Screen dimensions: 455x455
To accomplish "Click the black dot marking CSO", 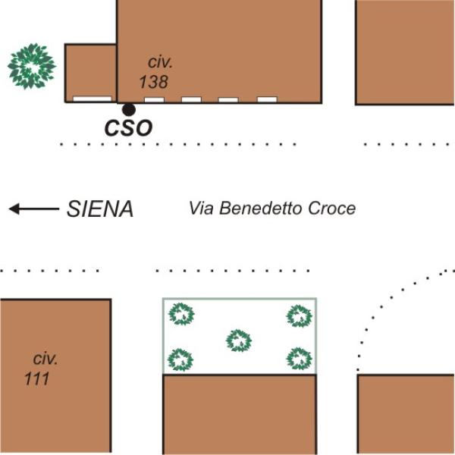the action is pos(129,110).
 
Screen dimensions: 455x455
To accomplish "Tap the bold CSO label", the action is pos(129,128).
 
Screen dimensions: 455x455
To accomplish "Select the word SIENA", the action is pos(100,209).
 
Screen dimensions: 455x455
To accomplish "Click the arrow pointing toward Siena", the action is pos(34,209).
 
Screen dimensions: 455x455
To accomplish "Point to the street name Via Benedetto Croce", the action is pos(272,208).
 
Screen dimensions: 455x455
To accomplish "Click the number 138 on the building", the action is pos(154,82).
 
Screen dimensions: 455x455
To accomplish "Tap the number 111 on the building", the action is pos(37,378).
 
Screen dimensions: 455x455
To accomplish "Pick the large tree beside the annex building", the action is pos(32,66).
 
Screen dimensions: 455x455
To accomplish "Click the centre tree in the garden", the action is pos(239,340).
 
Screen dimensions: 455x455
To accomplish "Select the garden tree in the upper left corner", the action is pos(182,314).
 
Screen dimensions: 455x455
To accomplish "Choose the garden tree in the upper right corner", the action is pos(300,315).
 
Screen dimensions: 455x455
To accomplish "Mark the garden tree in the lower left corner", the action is pos(180,359).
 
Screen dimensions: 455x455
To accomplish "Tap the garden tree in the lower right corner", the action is pos(300,359).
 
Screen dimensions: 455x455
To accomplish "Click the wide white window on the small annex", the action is pos(93,99).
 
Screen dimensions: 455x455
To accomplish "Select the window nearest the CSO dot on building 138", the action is pos(155,100).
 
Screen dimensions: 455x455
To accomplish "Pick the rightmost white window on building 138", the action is pos(267,99).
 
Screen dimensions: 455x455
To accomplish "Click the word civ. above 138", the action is pos(160,62).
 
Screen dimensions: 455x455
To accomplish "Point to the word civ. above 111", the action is pos(45,359).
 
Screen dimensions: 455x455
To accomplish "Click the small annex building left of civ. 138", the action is pos(91,73).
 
